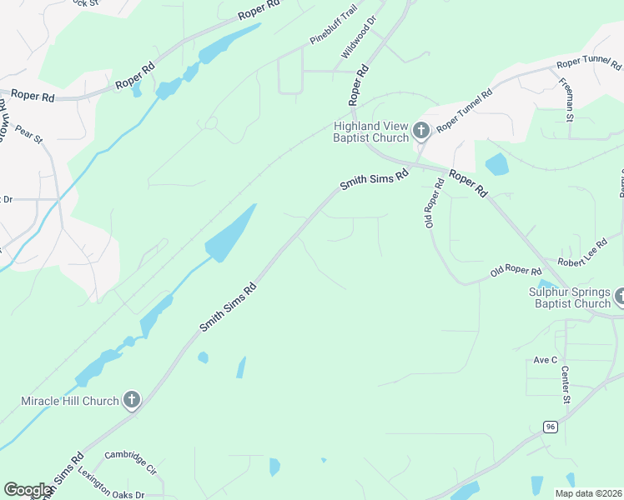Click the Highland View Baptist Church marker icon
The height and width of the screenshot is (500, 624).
(x=421, y=131)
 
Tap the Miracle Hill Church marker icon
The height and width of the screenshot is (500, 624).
(x=131, y=401)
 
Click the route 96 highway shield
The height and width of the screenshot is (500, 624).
(x=550, y=427)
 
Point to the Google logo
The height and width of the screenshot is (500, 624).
(x=28, y=490)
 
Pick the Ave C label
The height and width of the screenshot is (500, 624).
(x=545, y=360)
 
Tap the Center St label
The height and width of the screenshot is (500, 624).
(x=565, y=384)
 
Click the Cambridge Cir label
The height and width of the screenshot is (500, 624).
(x=130, y=462)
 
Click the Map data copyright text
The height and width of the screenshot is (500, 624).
(x=587, y=493)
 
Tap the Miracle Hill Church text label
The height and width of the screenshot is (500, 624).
(x=69, y=401)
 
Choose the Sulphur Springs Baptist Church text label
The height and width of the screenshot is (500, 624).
(x=570, y=297)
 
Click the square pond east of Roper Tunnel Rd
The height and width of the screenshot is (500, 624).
(x=496, y=164)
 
